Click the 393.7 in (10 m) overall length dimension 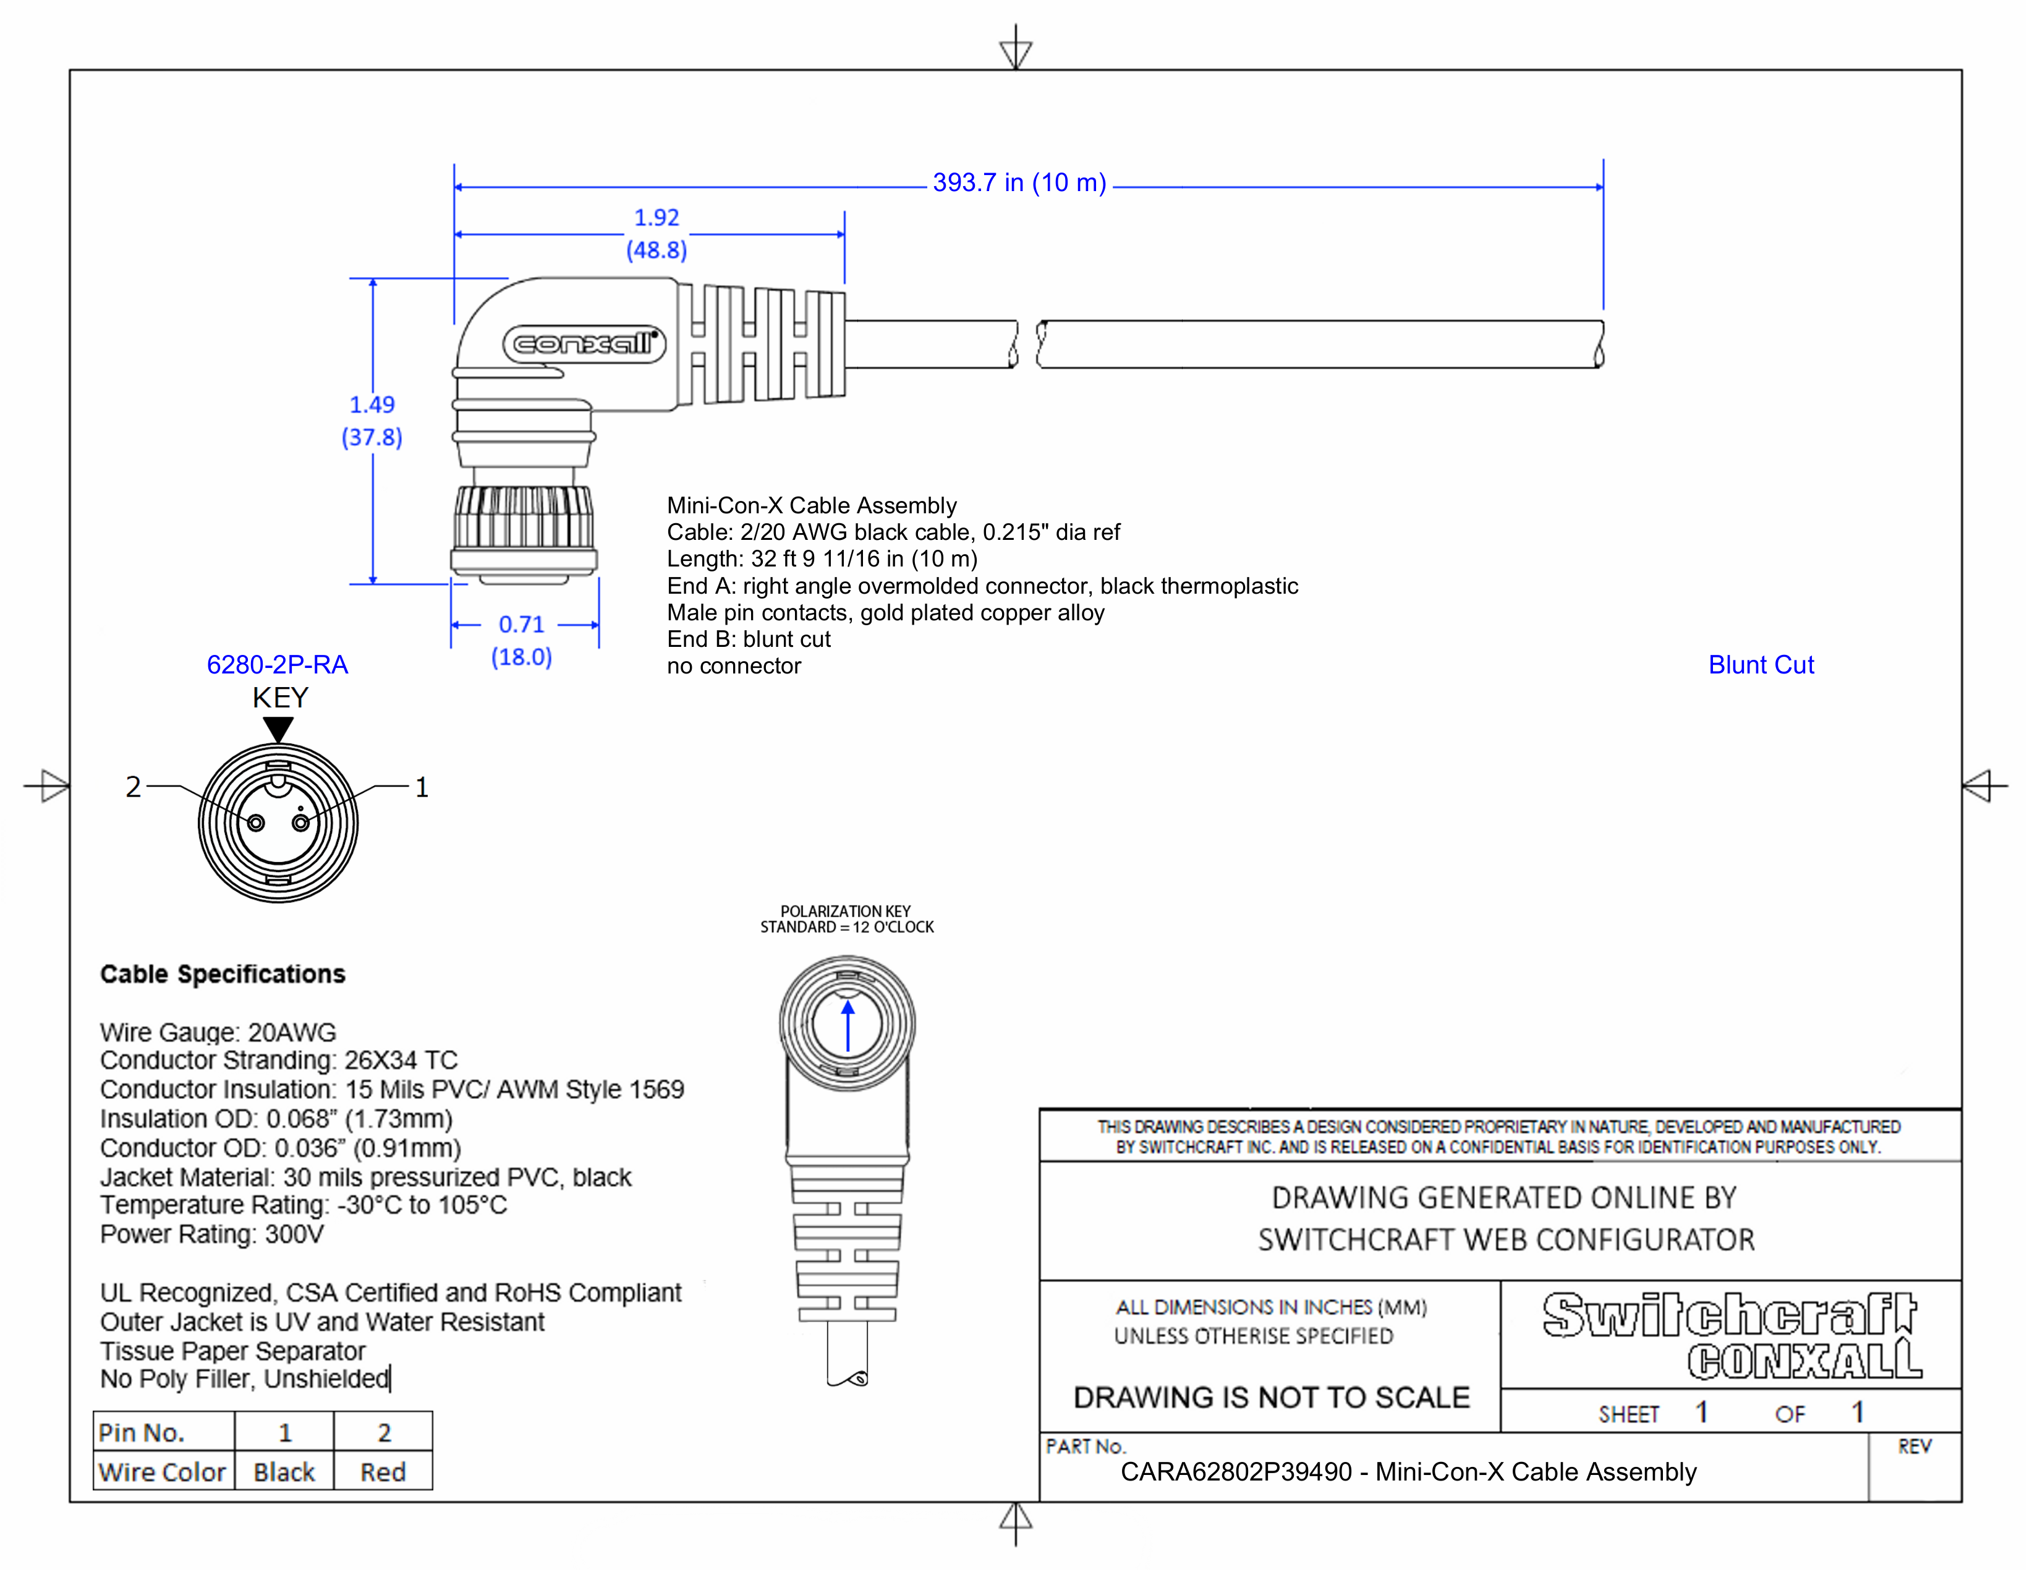click(x=1018, y=183)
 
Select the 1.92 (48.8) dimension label click(x=657, y=234)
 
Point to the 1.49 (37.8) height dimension click(x=372, y=421)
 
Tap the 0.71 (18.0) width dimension click(x=521, y=640)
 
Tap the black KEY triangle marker click(x=278, y=728)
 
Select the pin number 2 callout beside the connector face click(x=134, y=787)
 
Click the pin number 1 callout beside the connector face click(x=421, y=787)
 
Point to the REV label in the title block click(x=1913, y=1447)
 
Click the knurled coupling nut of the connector click(x=523, y=518)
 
